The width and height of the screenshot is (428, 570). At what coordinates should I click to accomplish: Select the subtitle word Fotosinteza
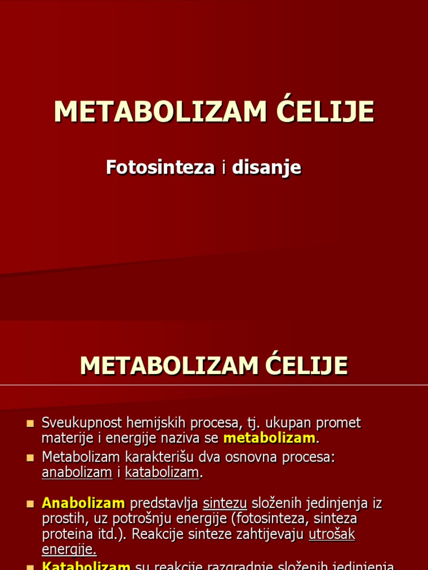coord(160,167)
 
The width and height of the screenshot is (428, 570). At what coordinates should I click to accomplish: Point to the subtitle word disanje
coord(266,168)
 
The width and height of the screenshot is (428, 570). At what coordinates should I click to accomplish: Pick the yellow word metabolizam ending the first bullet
coord(269,438)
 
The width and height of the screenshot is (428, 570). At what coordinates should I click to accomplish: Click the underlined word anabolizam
coord(77,473)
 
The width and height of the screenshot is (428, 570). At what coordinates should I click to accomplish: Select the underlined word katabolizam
coord(162,473)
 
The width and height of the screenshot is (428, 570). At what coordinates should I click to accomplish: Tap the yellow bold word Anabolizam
coord(84,503)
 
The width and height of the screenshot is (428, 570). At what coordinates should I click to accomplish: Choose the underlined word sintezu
coord(225,503)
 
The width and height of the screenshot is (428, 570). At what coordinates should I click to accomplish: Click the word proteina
coord(67,534)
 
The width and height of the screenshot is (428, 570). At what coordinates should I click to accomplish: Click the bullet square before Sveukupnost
coord(30,424)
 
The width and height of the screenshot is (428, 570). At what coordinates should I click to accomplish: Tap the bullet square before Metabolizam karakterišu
coord(30,458)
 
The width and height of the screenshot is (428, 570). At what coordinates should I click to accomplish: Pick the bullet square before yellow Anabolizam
coord(30,503)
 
